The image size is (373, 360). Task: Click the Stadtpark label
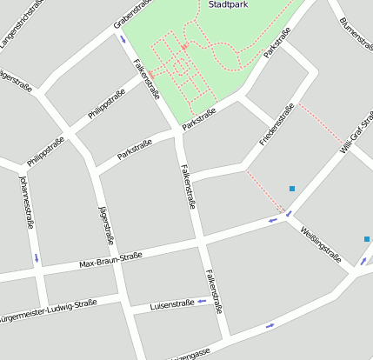228,4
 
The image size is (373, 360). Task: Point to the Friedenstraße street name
277,124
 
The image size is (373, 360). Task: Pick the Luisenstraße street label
172,304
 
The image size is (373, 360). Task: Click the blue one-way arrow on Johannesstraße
37,258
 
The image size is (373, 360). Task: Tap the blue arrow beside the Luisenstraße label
202,302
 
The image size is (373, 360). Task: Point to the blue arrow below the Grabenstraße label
121,38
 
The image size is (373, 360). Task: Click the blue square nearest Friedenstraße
292,189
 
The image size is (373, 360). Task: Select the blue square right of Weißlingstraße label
367,238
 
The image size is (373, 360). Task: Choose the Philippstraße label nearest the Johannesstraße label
45,150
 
